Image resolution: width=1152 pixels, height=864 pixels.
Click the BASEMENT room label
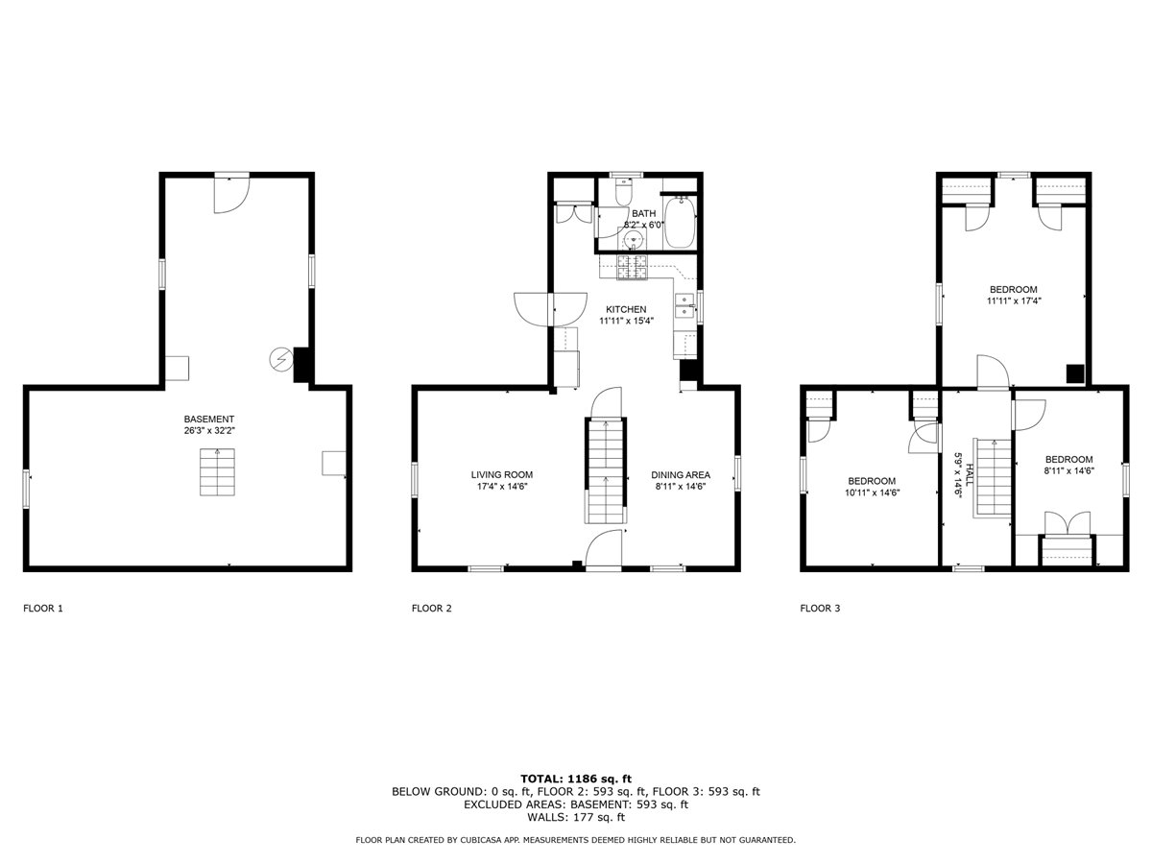[x=209, y=420]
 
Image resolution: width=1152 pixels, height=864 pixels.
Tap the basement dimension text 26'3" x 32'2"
[x=209, y=432]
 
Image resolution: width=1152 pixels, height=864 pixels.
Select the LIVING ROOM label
[x=501, y=474]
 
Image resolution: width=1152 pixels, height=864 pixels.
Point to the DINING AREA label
[x=680, y=474]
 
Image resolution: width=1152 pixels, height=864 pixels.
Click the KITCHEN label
[x=618, y=308]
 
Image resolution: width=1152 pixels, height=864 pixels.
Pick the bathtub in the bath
[x=682, y=221]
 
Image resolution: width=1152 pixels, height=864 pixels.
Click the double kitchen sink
[x=684, y=306]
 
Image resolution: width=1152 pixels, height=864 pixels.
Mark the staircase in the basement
[x=216, y=472]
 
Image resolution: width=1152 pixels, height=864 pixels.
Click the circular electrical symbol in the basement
[x=279, y=359]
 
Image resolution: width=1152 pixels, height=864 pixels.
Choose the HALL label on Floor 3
[x=970, y=474]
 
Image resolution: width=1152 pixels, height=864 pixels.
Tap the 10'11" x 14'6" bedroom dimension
[x=871, y=492]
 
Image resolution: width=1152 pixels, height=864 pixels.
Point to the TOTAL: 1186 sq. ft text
[x=575, y=779]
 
